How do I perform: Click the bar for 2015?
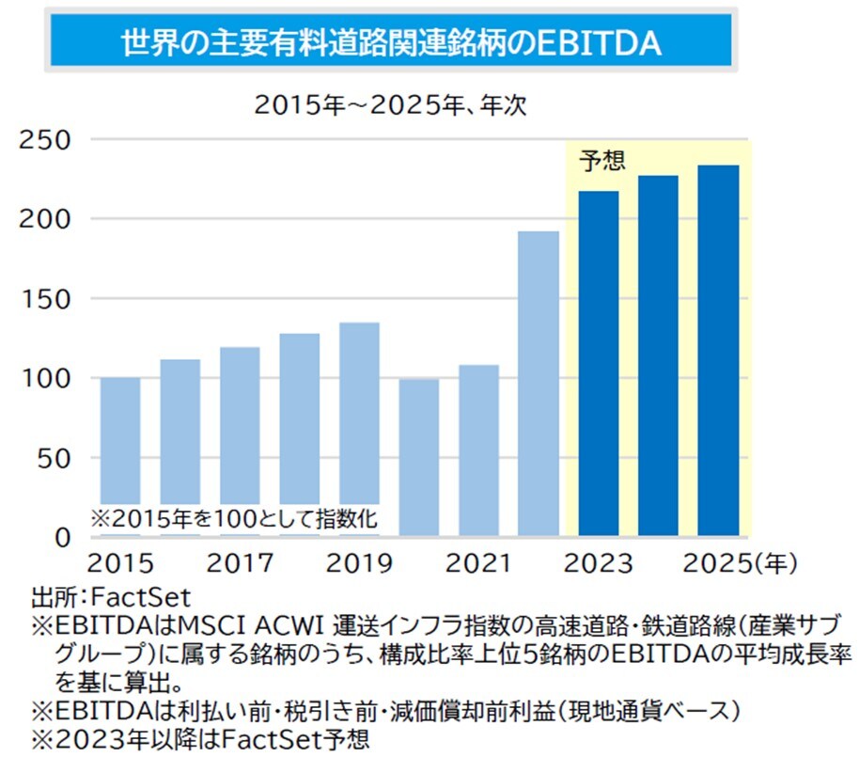120,442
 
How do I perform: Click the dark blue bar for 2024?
658,356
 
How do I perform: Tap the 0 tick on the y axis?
61,538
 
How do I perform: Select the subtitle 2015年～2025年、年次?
390,105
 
